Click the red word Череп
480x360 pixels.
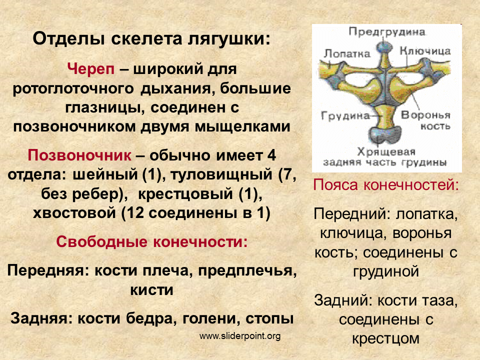pos(91,69)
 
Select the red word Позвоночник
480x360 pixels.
pos(79,155)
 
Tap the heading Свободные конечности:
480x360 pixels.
pos(152,242)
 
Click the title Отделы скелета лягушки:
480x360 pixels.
pos(151,39)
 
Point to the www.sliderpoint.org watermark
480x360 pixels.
pos(240,336)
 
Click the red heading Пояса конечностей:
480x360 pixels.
pos(386,185)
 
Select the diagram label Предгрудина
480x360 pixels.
pos(387,31)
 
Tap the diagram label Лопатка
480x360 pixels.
pos(347,53)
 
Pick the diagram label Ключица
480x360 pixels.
pos(425,51)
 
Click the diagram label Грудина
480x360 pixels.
pos(345,115)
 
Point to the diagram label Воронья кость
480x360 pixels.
pos(426,120)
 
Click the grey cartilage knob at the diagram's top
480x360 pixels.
pos(384,47)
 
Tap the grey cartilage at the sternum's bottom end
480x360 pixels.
pos(384,134)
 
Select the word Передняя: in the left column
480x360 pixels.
pos(48,270)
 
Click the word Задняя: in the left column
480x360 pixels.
pos(41,318)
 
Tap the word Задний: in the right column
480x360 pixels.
pos(343,300)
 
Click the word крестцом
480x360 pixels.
pos(385,339)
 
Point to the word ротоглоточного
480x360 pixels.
pos(73,89)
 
